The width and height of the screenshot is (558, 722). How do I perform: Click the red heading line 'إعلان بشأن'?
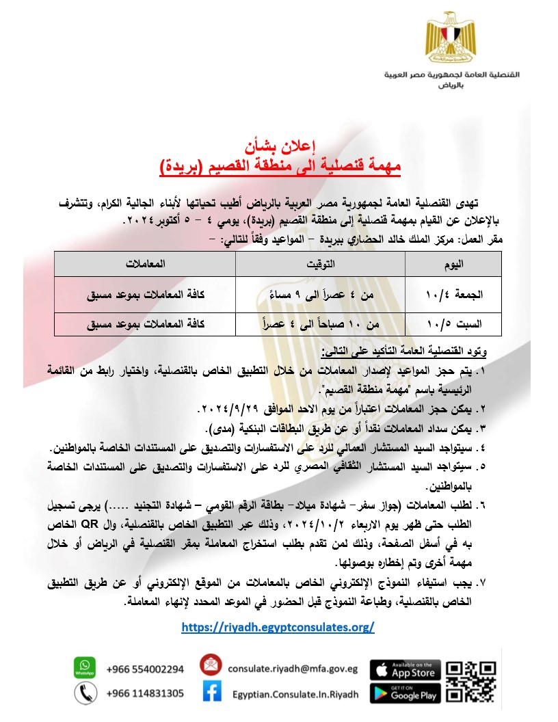(279, 148)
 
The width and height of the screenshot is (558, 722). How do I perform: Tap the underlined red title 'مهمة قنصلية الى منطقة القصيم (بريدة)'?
(279, 165)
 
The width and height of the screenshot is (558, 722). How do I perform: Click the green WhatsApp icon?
(84, 667)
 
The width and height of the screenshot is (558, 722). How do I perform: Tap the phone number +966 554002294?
(145, 669)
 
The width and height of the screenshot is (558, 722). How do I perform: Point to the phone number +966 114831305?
(145, 694)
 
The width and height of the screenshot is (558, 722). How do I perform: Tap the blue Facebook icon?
(212, 693)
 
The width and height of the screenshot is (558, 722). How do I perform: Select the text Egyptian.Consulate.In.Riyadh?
(295, 695)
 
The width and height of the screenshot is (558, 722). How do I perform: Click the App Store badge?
(405, 669)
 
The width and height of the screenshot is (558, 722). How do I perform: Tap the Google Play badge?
(405, 693)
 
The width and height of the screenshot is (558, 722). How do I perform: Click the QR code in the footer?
(470, 681)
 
